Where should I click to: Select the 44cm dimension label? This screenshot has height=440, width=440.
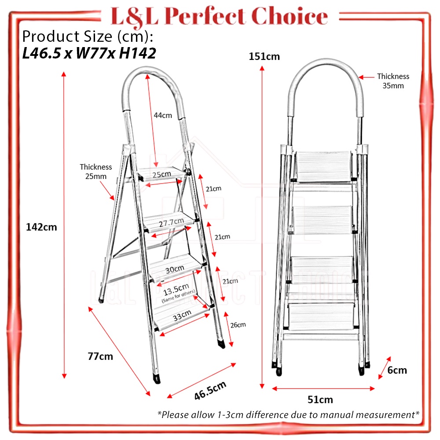click(x=163, y=116)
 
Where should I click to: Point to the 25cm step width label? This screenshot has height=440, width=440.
click(x=162, y=174)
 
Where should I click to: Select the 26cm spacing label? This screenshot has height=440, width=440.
click(x=238, y=325)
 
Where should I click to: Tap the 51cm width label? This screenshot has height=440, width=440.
click(x=320, y=400)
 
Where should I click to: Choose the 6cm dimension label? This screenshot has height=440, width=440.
click(x=397, y=370)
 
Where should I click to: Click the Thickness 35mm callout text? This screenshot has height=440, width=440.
click(x=393, y=81)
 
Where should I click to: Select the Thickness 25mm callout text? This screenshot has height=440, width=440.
click(x=96, y=171)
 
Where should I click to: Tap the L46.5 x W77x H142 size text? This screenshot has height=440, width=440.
click(x=89, y=54)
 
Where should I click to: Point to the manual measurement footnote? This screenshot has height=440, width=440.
click(x=288, y=414)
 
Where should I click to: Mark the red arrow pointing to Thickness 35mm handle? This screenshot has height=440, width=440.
click(x=367, y=77)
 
